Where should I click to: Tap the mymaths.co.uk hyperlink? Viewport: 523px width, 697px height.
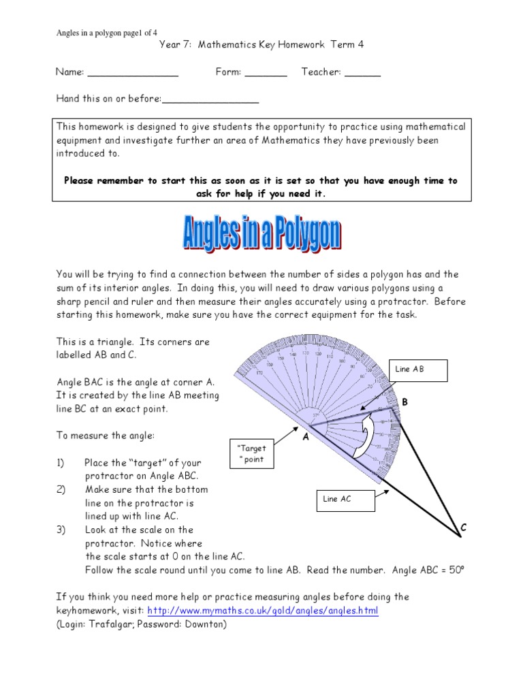coord(262,611)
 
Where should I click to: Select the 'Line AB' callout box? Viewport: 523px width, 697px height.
coord(419,370)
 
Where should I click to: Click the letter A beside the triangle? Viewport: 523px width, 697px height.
coord(306,438)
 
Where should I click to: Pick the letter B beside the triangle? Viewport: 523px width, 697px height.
coord(404,402)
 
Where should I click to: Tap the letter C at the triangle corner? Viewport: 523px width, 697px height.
coord(463,528)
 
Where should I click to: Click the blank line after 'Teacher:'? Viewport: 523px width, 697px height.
coord(362,72)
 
